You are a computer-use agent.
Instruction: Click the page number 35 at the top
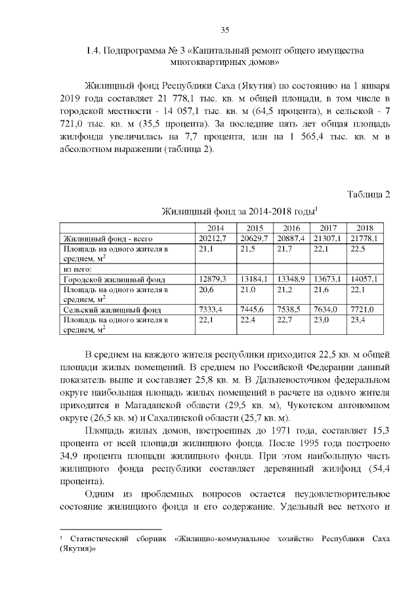pyautogui.click(x=224, y=30)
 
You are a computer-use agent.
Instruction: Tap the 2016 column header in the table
pyautogui.click(x=291, y=227)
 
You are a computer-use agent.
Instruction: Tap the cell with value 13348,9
pyautogui.click(x=291, y=278)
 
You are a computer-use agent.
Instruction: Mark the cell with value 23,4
pyautogui.click(x=358, y=320)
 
